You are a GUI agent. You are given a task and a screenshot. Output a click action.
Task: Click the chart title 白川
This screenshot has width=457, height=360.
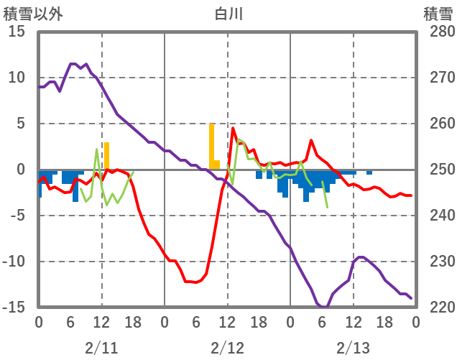coord(228,14)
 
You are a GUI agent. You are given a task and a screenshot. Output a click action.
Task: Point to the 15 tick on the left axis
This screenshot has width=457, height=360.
coord(17,32)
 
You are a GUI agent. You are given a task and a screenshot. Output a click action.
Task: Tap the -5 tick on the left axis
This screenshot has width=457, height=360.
coord(17,216)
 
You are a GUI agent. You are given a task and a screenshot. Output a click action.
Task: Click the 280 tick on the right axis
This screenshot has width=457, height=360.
coord(437,32)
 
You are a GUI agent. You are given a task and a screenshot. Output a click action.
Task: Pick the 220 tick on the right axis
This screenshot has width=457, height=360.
coord(437,308)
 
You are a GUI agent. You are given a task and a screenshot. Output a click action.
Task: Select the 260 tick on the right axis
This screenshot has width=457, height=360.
coord(437,124)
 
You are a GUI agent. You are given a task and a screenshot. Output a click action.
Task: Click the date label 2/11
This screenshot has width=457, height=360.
coord(101,348)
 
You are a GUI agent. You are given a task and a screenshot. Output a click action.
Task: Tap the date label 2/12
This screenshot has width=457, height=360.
coord(227,348)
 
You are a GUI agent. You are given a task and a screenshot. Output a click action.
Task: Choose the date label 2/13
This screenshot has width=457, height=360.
coord(353,348)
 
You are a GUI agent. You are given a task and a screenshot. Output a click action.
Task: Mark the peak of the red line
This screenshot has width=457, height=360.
coord(234,129)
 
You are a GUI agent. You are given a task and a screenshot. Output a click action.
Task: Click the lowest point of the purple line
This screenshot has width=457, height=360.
coord(324,307)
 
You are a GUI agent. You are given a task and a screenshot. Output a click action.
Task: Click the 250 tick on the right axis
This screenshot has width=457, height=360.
coord(437,170)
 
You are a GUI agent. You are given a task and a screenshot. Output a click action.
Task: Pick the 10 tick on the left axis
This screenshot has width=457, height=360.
coord(17,78)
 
